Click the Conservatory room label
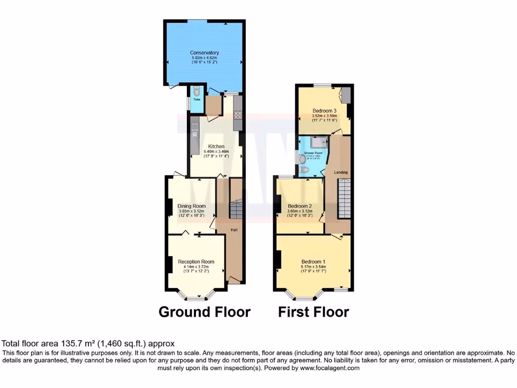(204, 53)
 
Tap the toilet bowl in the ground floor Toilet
(196, 92)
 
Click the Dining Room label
(191, 206)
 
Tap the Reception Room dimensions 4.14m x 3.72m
(196, 267)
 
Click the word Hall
(234, 230)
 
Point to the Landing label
(341, 172)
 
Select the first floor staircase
(344, 199)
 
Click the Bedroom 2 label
(300, 206)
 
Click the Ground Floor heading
(204, 312)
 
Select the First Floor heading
(314, 312)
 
